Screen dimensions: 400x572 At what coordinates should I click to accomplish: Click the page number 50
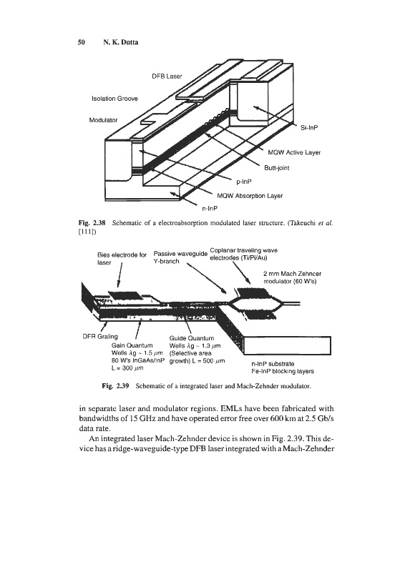pyautogui.click(x=82, y=42)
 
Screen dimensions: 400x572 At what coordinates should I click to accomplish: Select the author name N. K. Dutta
pyautogui.click(x=120, y=42)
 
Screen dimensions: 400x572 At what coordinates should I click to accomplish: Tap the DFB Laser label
pyautogui.click(x=167, y=77)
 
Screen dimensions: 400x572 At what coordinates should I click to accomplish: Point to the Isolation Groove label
pyautogui.click(x=114, y=99)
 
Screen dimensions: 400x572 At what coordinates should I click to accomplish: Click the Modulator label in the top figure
pyautogui.click(x=103, y=120)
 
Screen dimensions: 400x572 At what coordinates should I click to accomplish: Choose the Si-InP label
pyautogui.click(x=308, y=128)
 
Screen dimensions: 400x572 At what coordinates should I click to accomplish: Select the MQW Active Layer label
pyautogui.click(x=294, y=152)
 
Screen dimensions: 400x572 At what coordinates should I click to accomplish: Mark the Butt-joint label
pyautogui.click(x=277, y=168)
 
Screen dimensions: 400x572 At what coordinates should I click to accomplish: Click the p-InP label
pyautogui.click(x=244, y=182)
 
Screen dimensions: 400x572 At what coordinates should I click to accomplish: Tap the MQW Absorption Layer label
pyautogui.click(x=250, y=196)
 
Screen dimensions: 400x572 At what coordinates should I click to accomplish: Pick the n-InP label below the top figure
pyautogui.click(x=210, y=209)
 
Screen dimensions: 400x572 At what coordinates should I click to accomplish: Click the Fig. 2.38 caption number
pyautogui.click(x=92, y=223)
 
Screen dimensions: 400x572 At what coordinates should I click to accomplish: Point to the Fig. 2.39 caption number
pyautogui.click(x=116, y=385)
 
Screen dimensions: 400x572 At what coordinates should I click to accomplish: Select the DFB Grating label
pyautogui.click(x=100, y=336)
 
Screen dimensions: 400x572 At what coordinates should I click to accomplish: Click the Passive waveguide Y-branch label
pyautogui.click(x=180, y=257)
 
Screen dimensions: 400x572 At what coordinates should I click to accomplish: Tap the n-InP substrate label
pyautogui.click(x=273, y=364)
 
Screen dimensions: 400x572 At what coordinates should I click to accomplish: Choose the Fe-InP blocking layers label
pyautogui.click(x=283, y=371)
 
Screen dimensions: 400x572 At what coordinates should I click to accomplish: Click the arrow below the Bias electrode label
pyautogui.click(x=119, y=275)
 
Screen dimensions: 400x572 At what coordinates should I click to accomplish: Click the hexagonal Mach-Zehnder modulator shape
pyautogui.click(x=254, y=303)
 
